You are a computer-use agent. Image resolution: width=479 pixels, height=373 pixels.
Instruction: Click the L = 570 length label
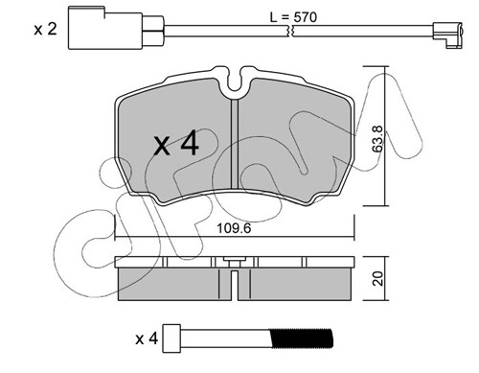(x=293, y=17)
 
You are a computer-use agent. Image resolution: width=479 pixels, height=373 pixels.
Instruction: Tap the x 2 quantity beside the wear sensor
(x=46, y=30)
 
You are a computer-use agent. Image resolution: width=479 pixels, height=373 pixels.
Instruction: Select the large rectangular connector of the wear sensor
(x=105, y=28)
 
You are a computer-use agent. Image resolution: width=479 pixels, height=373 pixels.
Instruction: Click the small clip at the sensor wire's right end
(x=447, y=35)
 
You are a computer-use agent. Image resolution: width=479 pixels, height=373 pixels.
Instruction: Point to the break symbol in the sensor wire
(x=291, y=31)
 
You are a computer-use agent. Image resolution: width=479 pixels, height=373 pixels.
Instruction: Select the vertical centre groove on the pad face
(x=235, y=144)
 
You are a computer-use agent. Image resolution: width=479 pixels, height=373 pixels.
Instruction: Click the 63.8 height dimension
(x=378, y=138)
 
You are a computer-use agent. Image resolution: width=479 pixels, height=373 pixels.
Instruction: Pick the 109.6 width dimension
(x=234, y=228)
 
